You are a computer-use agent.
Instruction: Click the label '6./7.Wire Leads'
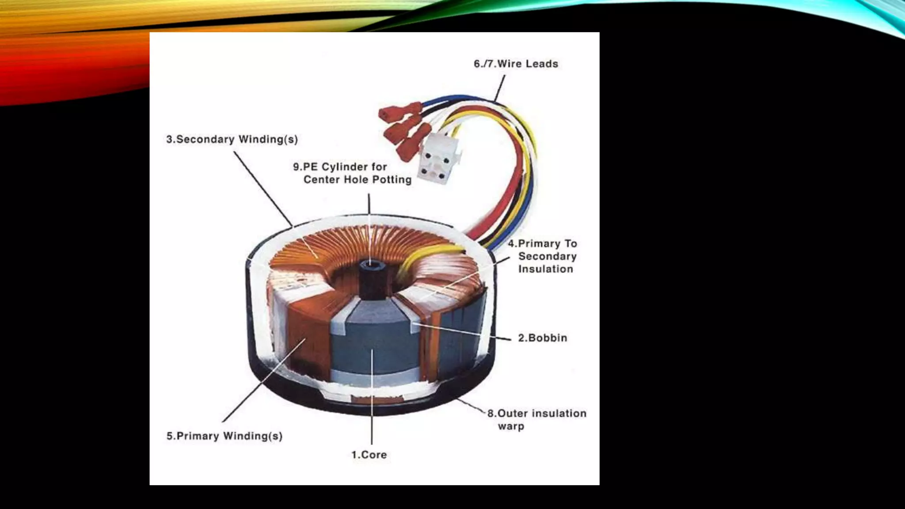click(516, 64)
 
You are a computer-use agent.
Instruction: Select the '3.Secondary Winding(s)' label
click(232, 140)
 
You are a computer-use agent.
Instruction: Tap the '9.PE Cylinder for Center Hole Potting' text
click(352, 173)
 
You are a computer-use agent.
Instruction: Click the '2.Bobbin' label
click(542, 338)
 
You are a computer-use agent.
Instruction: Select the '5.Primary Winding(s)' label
click(224, 436)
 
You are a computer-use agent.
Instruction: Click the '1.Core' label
click(369, 455)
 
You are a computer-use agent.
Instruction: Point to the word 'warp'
click(511, 426)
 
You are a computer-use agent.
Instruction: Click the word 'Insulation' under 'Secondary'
click(546, 269)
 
